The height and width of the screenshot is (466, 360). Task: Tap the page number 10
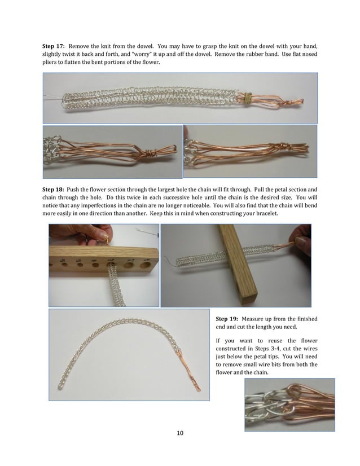[x=180, y=433]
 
